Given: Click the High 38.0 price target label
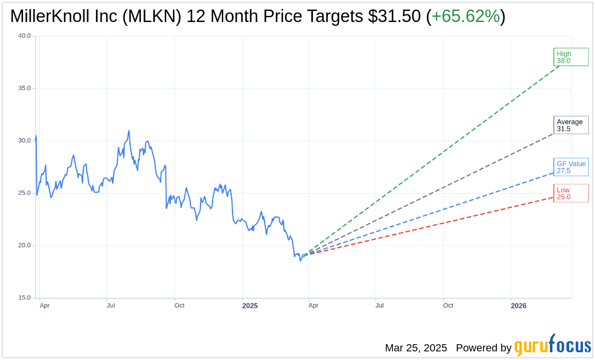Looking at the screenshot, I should coord(570,57).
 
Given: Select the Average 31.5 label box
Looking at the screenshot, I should coord(570,125).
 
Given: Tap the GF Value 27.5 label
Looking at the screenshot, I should coord(571,167).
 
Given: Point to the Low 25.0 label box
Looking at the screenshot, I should coord(570,193).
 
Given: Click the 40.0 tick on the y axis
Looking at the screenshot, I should coord(24,36).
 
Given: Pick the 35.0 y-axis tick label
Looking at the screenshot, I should coord(24,88).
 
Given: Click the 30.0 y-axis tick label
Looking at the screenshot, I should coord(24,141).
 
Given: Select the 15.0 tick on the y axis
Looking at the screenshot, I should coord(24,298).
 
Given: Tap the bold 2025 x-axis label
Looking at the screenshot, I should coord(250,306).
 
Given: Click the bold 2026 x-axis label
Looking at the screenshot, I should coord(518,306).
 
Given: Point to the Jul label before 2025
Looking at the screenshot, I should coord(111,305).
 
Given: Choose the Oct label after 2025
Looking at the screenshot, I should coord(448,305).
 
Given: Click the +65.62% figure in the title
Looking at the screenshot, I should coord(466,16).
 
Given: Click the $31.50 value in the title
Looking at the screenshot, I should coord(394,16).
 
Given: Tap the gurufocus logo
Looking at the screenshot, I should coord(552,346).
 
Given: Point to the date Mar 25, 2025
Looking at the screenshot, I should coord(416,348).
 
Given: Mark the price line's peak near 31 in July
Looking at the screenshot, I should coord(129,131).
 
